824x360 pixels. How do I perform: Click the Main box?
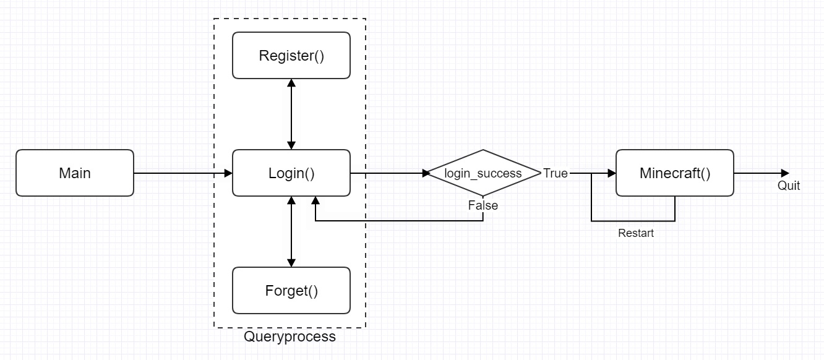75,173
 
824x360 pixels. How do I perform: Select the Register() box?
291,56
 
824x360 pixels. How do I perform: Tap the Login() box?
291,173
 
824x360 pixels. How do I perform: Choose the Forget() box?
291,290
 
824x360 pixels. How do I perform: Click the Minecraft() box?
675,173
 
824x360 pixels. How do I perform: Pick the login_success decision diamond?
483,173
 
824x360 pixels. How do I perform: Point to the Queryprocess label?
290,337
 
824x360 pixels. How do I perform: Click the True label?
556,173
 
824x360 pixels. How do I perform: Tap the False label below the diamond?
483,205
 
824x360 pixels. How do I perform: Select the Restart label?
635,234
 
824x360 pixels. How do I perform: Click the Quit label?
789,186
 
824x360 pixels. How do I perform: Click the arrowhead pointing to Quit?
785,173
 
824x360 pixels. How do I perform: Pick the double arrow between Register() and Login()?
291,114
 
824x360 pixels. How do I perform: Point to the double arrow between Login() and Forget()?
291,231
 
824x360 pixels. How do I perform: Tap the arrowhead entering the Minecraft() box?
612,173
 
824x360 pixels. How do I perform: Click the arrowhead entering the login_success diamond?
426,173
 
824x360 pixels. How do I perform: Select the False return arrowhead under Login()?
315,200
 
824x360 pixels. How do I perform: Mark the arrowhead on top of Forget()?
291,263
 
